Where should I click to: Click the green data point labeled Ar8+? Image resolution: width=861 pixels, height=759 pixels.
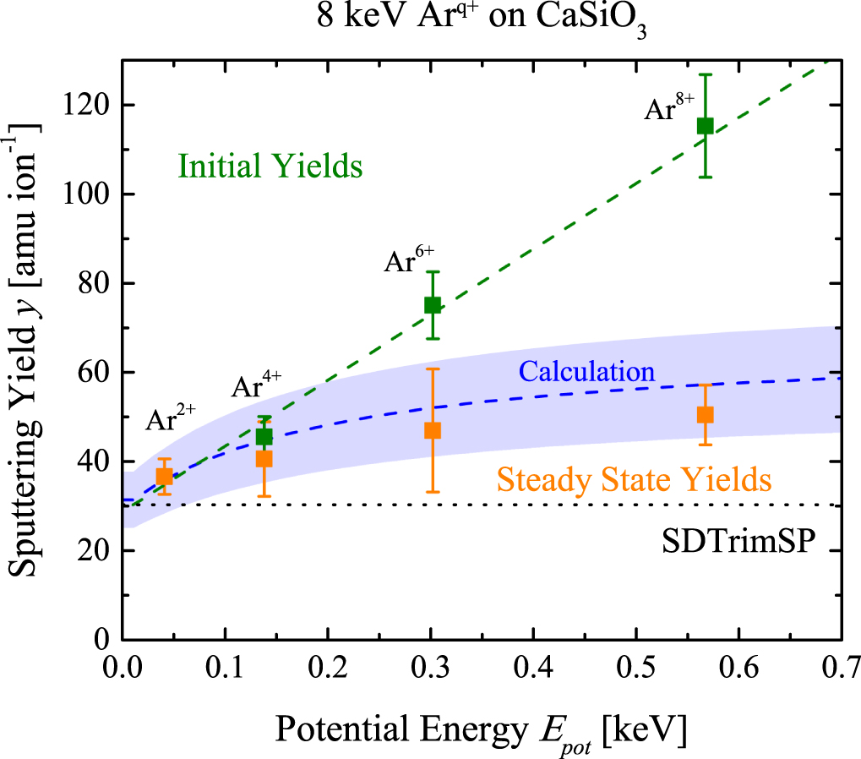coord(705,126)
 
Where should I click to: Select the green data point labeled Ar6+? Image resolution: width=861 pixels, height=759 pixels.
coord(433,305)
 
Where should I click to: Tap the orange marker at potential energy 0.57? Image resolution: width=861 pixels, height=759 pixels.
coord(705,414)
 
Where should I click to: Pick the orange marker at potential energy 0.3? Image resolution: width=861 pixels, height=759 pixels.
coord(433,430)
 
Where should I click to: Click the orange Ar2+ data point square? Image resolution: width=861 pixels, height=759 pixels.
coord(165,476)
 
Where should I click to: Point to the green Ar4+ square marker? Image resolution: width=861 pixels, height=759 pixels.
coord(264,436)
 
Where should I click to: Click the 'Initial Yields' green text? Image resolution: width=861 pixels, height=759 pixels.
coord(270,167)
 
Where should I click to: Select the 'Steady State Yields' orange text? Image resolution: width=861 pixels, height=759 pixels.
coord(634,481)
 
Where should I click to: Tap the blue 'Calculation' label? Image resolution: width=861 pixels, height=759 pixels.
coord(587,371)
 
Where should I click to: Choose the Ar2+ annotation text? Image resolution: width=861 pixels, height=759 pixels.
coord(172,418)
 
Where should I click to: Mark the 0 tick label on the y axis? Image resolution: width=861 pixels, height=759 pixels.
coord(104,641)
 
